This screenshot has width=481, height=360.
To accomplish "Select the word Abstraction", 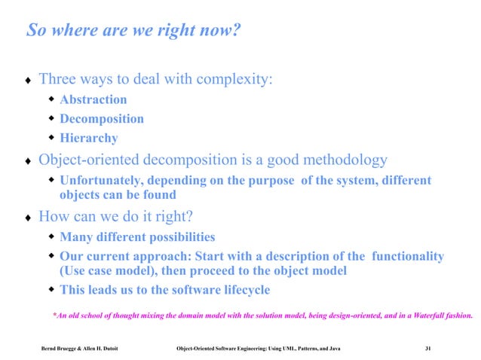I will point(93,99).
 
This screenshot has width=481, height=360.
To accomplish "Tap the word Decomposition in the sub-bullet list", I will point(101,119).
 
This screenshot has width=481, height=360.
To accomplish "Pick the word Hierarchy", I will point(88,139).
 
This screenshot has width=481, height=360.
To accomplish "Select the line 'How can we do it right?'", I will point(116,217).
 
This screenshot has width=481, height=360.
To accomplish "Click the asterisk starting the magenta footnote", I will point(55,315).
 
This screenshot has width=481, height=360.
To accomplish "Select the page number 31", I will point(428,348).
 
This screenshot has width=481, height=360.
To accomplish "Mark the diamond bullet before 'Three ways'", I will point(29,80).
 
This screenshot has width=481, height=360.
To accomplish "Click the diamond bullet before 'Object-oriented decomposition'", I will point(29,161).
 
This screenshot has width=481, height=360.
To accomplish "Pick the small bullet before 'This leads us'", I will point(52,290).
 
